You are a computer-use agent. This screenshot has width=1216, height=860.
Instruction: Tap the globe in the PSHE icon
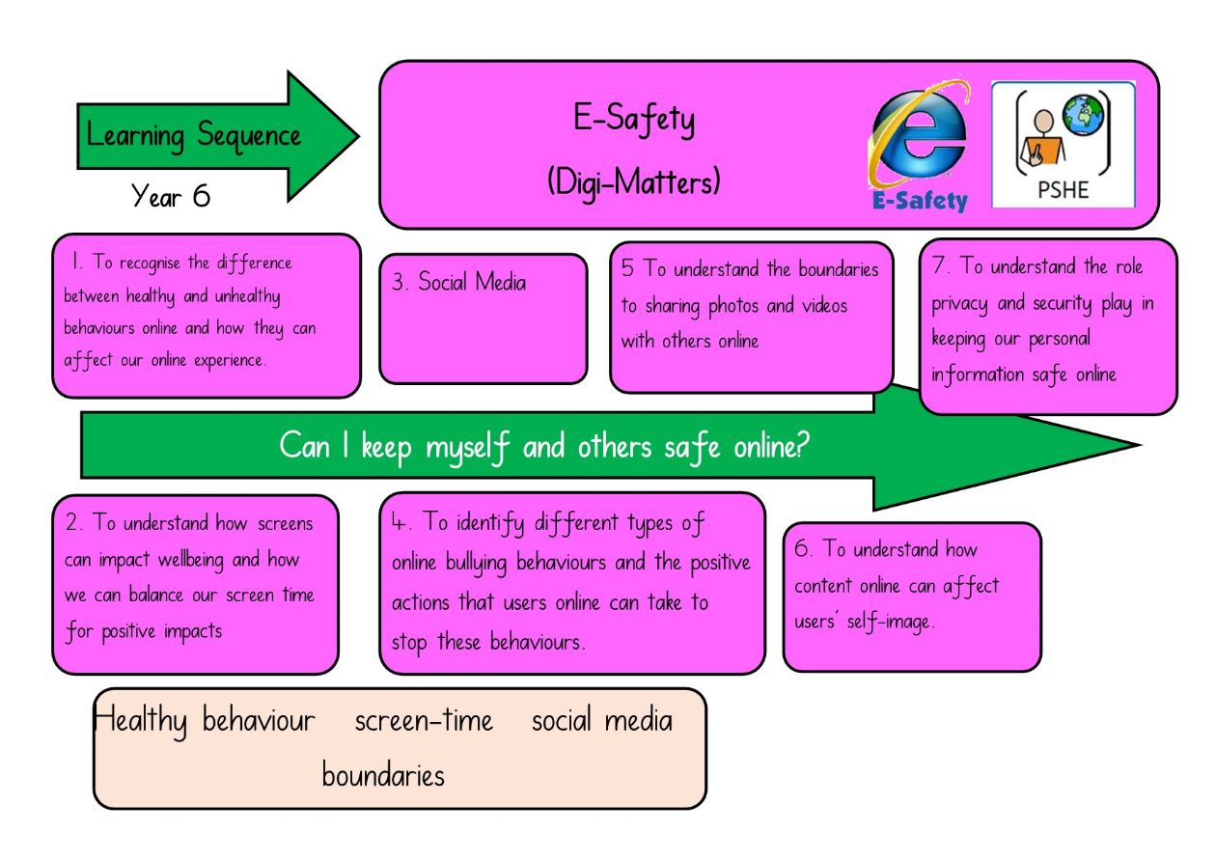pos(1084,115)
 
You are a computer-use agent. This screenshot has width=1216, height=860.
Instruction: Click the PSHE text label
pos(1064,190)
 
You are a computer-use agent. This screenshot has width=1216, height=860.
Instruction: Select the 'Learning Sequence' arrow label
pos(193,136)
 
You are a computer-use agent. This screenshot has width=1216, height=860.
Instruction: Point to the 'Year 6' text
pos(170,195)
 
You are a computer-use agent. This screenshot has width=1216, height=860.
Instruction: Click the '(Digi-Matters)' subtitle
pos(633,181)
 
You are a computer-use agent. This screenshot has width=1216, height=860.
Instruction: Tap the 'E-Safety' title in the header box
pos(633,120)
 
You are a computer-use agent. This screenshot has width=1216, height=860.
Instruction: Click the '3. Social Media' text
pos(458,282)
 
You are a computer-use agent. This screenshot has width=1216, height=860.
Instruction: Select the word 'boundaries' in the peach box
pos(383,775)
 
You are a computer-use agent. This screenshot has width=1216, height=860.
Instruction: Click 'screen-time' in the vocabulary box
pos(424,721)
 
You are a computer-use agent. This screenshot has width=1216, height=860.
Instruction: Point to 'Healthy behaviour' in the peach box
pos(204,721)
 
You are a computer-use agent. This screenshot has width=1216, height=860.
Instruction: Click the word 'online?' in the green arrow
pos(771,446)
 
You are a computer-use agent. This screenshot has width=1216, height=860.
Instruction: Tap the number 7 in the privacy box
pos(939,264)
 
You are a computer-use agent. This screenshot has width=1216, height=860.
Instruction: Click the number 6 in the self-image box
pos(801,548)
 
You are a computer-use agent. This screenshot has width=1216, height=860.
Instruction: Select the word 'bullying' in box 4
pos(476,564)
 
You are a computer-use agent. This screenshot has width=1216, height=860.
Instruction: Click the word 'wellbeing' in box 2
pos(190,560)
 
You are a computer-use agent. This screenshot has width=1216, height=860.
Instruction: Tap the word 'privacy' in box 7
pos(959,304)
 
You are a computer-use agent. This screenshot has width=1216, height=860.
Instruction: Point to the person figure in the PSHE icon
pos(1041,138)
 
